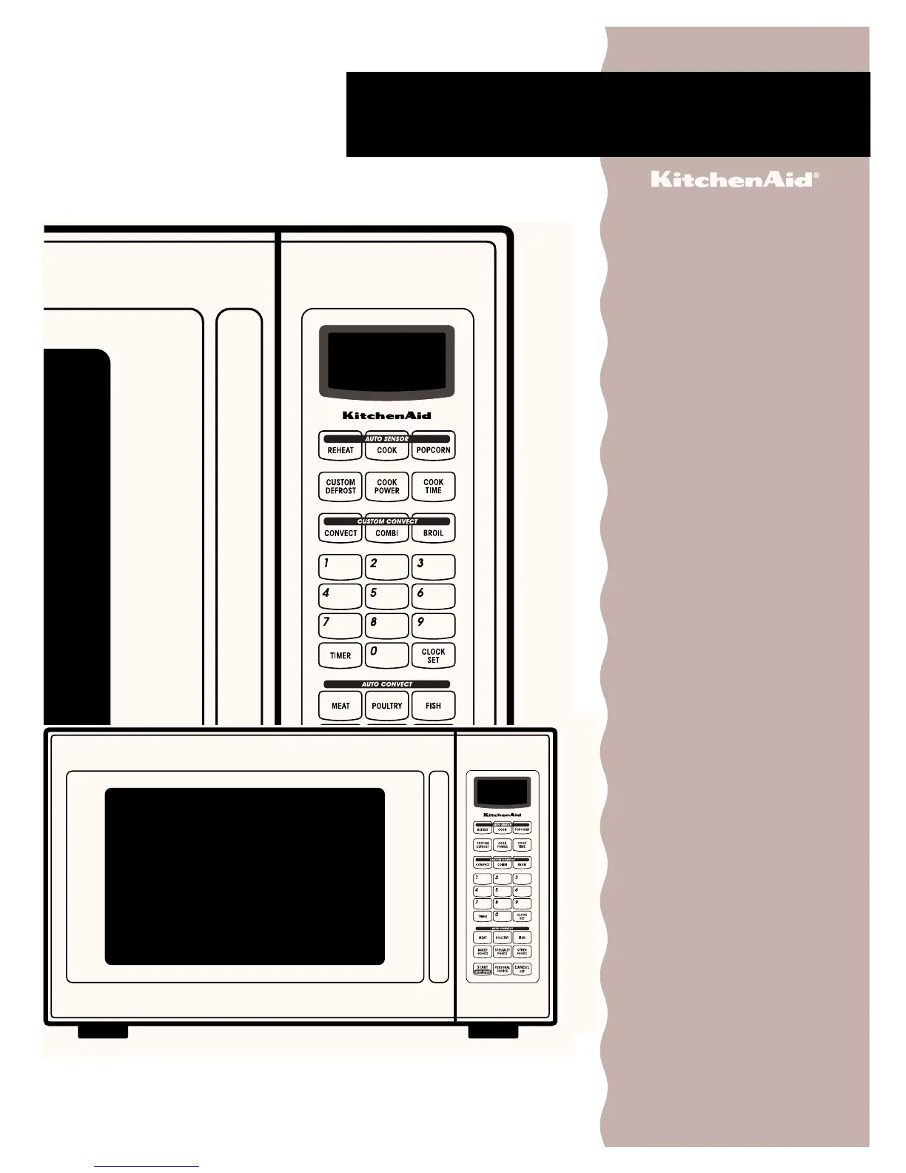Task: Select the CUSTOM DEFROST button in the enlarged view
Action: pyautogui.click(x=340, y=487)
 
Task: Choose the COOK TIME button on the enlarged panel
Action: pyautogui.click(x=433, y=487)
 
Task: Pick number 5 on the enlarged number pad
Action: pyautogui.click(x=386, y=596)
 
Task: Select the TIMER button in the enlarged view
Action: pyautogui.click(x=340, y=655)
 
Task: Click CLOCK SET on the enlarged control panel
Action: pyautogui.click(x=433, y=655)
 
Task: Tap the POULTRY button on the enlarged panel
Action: pyautogui.click(x=386, y=705)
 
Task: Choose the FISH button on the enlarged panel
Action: pyautogui.click(x=433, y=705)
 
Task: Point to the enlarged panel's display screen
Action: pyautogui.click(x=386, y=361)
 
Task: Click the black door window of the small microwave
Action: pyautogui.click(x=244, y=876)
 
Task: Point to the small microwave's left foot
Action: pyautogui.click(x=103, y=1032)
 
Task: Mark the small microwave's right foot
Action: pyautogui.click(x=493, y=1032)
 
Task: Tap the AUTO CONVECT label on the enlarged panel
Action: pyautogui.click(x=386, y=684)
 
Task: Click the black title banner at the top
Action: pyautogui.click(x=607, y=114)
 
